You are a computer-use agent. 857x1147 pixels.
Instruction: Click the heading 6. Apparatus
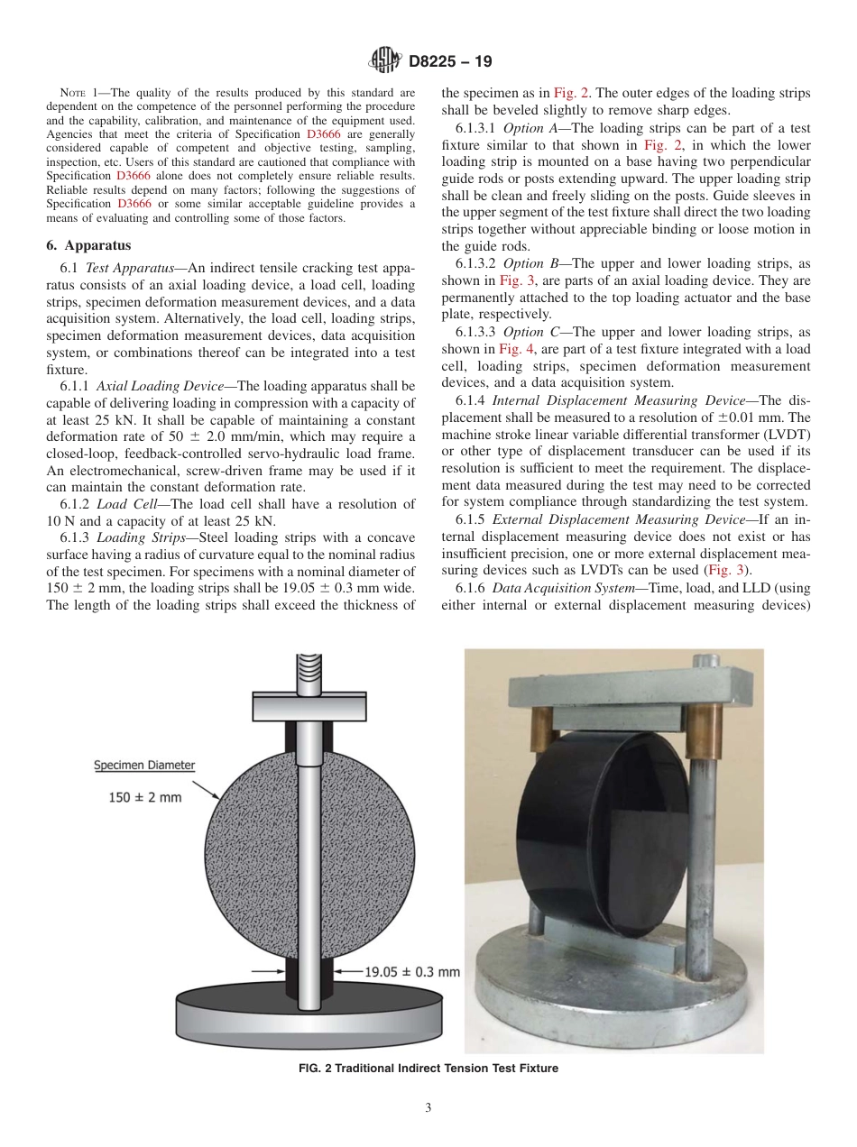(89, 245)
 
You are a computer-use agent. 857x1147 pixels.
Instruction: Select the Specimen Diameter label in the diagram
(144, 765)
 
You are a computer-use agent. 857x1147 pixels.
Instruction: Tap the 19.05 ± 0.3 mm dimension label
(411, 972)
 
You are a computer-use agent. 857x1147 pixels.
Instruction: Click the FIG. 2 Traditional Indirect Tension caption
(428, 1069)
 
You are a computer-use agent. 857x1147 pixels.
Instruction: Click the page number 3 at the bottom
(428, 1108)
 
